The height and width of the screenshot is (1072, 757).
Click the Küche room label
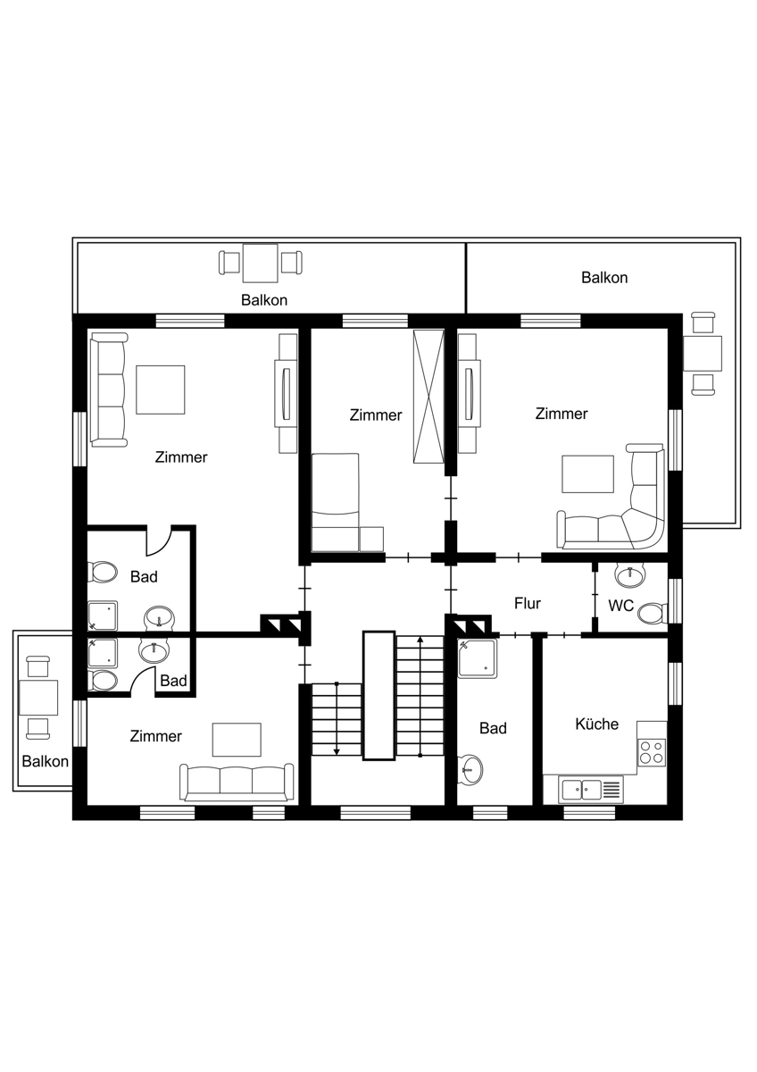click(x=596, y=724)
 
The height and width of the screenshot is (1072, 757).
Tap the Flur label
click(x=528, y=604)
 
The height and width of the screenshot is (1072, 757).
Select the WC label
click(x=620, y=606)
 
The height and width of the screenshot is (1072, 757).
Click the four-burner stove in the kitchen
click(x=653, y=753)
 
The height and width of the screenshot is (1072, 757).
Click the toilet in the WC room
click(x=653, y=614)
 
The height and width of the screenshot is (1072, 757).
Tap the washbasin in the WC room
click(x=631, y=574)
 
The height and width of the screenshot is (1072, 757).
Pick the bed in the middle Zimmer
click(x=335, y=502)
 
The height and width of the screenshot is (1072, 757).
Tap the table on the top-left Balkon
click(x=260, y=264)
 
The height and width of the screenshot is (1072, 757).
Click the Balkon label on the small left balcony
click(x=45, y=761)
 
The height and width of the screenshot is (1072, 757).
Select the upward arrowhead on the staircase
click(x=420, y=640)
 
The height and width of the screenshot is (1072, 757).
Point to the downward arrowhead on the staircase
click(x=337, y=752)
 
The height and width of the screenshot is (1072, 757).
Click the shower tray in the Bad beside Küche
click(x=478, y=658)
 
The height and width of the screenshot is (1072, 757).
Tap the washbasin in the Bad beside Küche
click(x=470, y=770)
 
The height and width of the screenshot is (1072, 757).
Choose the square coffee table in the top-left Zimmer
click(x=160, y=390)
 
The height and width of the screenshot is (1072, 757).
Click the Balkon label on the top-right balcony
click(x=604, y=278)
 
